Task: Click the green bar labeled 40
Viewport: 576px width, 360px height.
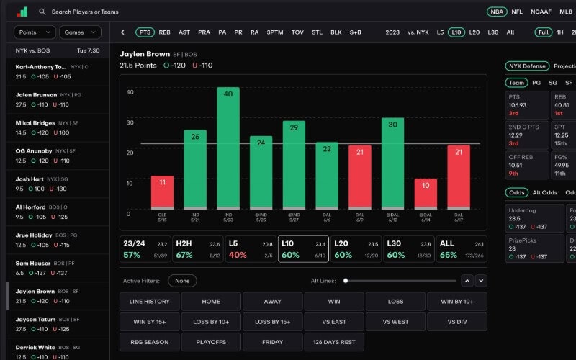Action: (228, 148)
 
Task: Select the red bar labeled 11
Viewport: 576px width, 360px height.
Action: (162, 192)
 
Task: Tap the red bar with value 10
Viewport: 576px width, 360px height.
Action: (426, 193)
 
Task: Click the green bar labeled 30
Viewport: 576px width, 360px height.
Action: (392, 163)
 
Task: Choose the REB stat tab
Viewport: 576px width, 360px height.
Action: (165, 32)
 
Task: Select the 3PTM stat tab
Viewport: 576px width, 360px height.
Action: (275, 32)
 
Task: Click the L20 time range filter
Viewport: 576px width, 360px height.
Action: (474, 32)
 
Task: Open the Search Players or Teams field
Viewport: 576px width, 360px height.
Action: (85, 12)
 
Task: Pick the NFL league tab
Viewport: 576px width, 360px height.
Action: (517, 12)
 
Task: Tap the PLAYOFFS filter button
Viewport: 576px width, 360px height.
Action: (211, 341)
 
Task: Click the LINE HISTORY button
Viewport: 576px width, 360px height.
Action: (150, 301)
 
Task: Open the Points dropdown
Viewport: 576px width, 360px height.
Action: (35, 32)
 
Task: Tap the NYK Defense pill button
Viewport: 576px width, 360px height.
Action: (527, 66)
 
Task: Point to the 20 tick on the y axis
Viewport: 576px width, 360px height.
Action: (130, 153)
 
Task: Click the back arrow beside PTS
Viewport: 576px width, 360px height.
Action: (123, 32)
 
